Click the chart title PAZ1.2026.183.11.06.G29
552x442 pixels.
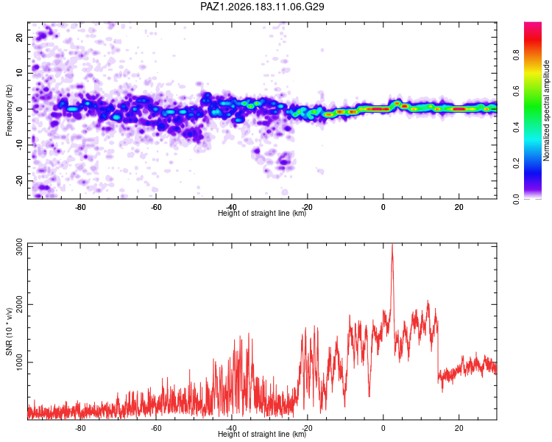click(262, 7)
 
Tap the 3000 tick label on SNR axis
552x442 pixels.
click(19, 247)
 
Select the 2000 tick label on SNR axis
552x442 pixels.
click(19, 304)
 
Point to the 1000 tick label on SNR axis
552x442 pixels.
click(19, 362)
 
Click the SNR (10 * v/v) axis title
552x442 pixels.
click(9, 331)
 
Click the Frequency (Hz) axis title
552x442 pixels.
click(9, 110)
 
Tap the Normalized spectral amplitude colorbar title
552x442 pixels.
click(546, 110)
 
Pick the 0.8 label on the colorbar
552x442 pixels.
click(516, 55)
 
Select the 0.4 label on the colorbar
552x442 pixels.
click(516, 127)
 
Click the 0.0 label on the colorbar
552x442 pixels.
click(516, 199)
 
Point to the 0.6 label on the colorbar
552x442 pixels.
click(516, 91)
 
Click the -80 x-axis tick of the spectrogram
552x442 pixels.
click(80, 207)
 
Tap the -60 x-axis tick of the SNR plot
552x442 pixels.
click(156, 428)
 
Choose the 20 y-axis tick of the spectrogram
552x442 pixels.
click(19, 37)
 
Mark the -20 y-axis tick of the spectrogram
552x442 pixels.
click(19, 180)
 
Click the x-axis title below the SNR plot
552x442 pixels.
click(262, 434)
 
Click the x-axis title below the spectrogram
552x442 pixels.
click(262, 213)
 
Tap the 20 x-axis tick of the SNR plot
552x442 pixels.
click(459, 428)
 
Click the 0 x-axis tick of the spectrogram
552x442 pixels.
click(383, 207)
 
